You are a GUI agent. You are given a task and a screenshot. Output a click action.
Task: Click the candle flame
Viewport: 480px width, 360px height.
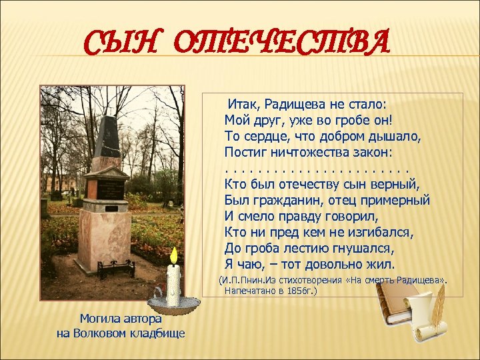point(174,255)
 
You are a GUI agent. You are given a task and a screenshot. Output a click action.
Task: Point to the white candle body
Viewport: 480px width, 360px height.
point(174,285)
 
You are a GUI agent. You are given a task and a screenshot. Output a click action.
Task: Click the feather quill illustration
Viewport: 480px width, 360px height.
point(437,309)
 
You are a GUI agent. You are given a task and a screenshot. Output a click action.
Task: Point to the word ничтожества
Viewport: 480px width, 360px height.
point(307,151)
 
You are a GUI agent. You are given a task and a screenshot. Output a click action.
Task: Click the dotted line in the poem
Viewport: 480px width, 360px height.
point(316,167)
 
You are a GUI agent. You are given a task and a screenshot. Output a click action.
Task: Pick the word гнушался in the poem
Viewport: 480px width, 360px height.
point(359,247)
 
